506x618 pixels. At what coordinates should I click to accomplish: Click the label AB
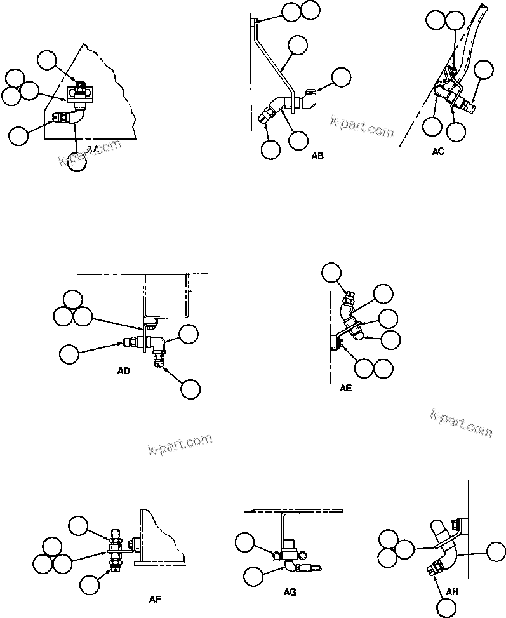(x=317, y=156)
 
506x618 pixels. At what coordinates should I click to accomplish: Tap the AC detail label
(x=438, y=151)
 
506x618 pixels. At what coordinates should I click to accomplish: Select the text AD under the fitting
(x=124, y=371)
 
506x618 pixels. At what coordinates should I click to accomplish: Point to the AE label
(x=345, y=388)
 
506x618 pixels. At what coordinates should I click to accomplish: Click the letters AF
(x=156, y=598)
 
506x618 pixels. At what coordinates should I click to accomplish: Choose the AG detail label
(x=290, y=592)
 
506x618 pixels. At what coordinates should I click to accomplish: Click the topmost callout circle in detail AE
(x=331, y=272)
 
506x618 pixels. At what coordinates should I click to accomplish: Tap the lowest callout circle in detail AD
(x=190, y=389)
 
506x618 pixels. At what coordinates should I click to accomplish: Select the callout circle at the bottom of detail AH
(x=447, y=608)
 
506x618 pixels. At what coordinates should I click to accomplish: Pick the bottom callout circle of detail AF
(x=90, y=584)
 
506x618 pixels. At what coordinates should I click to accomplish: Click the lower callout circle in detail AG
(x=253, y=576)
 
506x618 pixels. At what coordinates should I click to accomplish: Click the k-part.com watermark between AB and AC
(x=362, y=127)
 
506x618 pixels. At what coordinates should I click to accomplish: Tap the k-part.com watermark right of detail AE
(x=461, y=423)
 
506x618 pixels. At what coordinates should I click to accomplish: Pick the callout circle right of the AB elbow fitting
(x=341, y=77)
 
